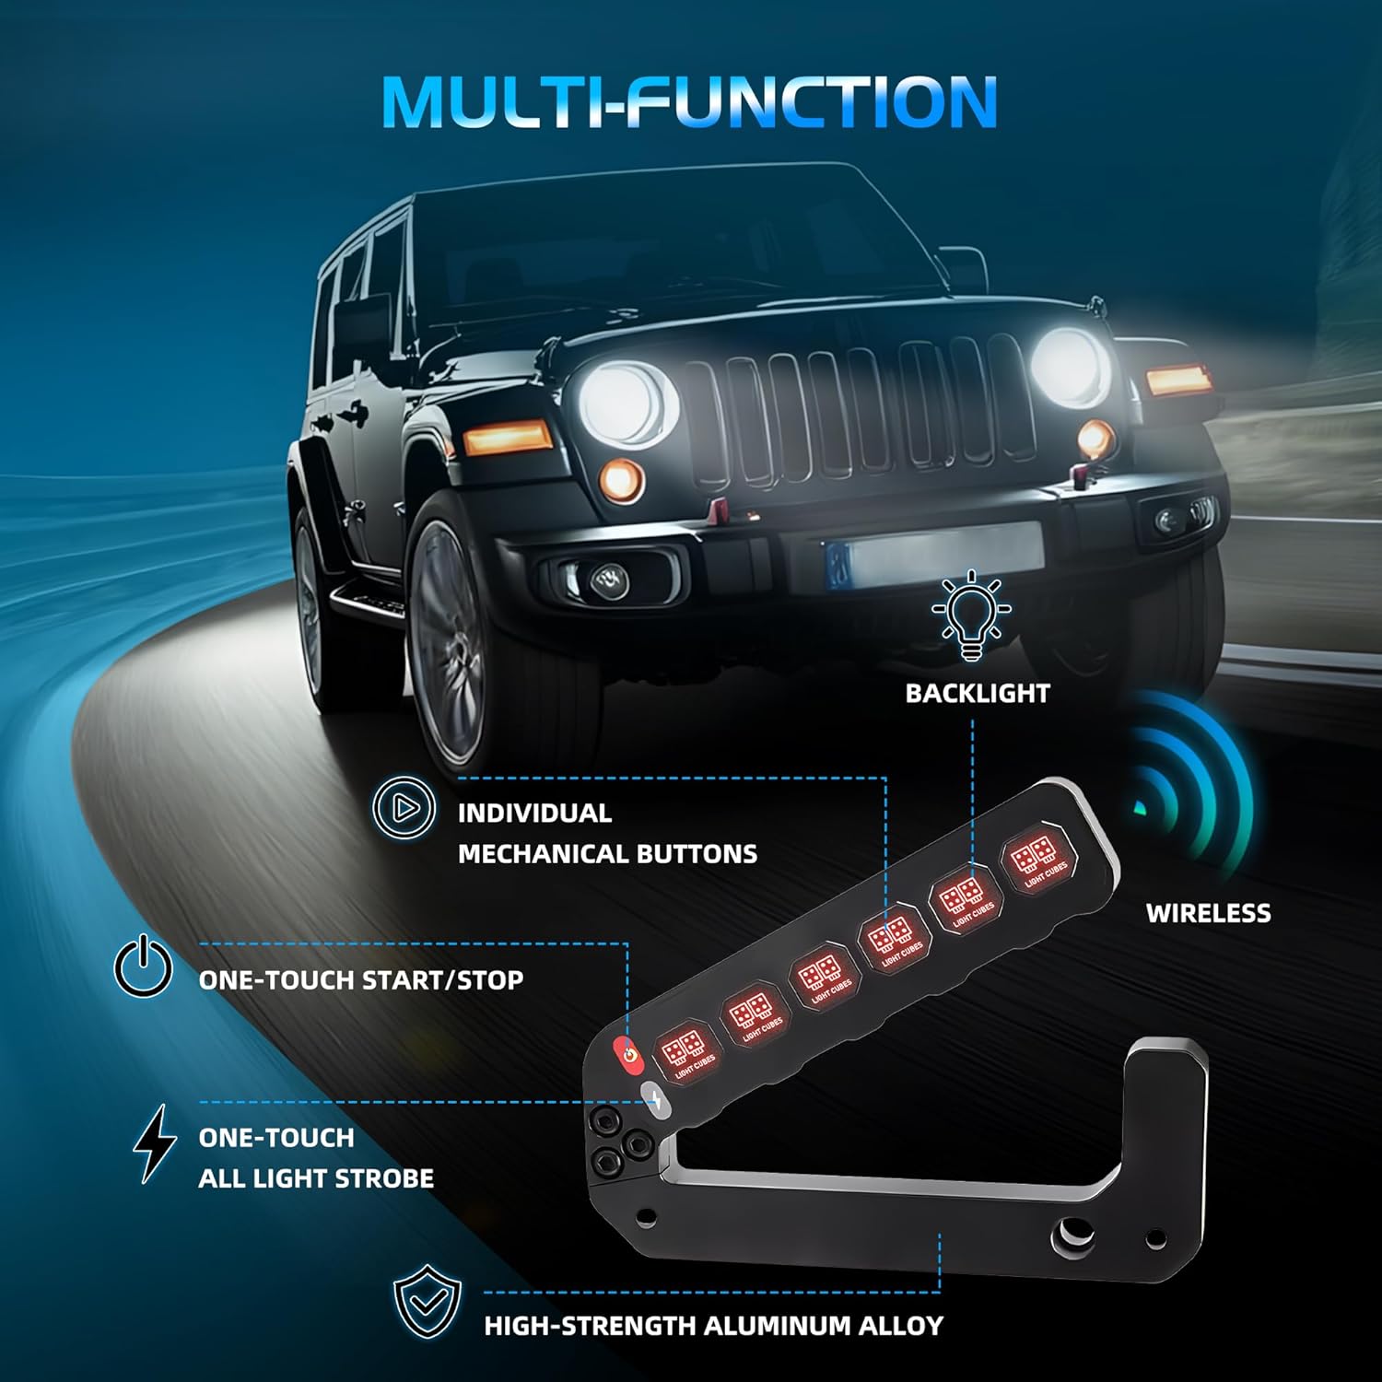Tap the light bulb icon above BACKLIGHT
point(971,615)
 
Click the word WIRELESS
point(1208,913)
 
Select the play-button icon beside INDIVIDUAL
point(404,808)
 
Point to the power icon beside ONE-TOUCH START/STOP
point(143,966)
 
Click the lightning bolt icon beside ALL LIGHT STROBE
point(154,1142)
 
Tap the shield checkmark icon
point(427,1301)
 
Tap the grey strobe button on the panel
point(655,1097)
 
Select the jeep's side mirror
point(362,322)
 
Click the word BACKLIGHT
point(977,694)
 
